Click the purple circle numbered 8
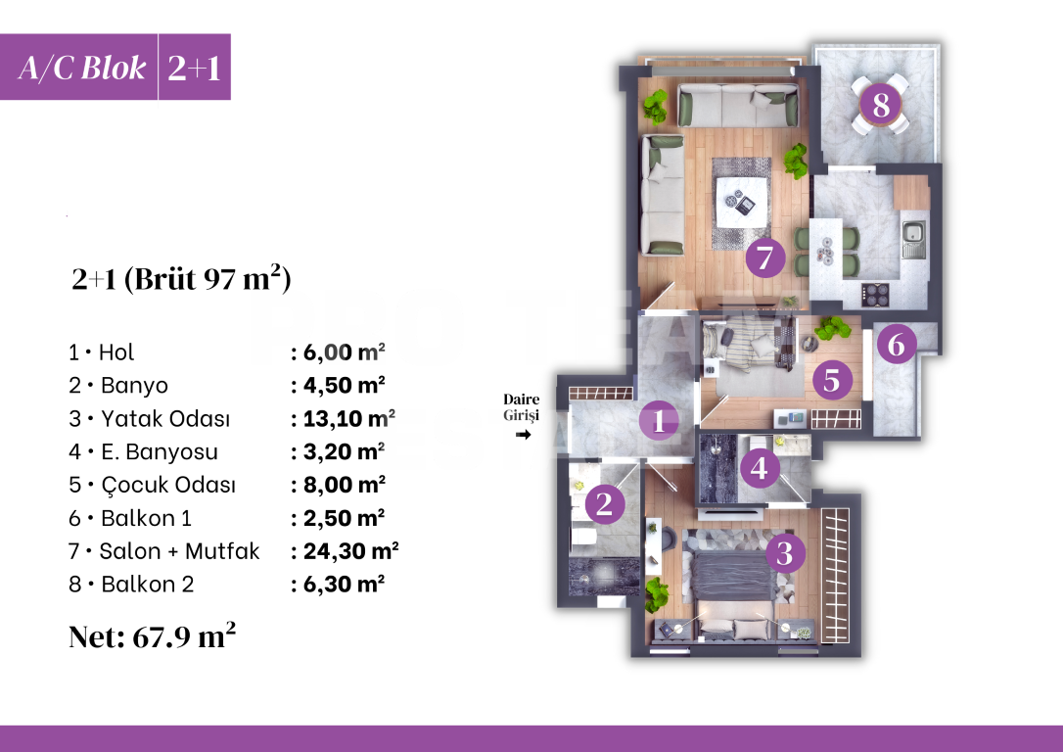coord(881,104)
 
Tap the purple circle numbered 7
coord(764,259)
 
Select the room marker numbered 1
coord(659,421)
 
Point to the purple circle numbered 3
coord(783,553)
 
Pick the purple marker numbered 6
coord(897,344)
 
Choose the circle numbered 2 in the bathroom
coord(605,505)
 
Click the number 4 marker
coord(760,469)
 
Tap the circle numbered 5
coord(831,380)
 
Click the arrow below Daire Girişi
coord(522,434)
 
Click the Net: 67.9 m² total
coord(152,636)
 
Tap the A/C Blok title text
coord(82,68)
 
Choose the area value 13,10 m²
coord(344,419)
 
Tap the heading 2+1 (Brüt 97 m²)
coord(181,280)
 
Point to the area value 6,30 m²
coord(338,585)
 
